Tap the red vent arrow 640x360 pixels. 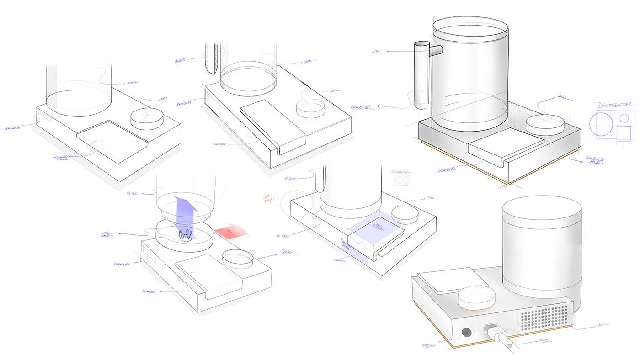click(x=232, y=231)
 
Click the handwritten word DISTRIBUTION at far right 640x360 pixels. click(x=615, y=105)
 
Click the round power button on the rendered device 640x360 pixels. click(x=467, y=332)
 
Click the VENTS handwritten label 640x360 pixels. click(x=602, y=325)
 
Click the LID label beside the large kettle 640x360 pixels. click(x=377, y=52)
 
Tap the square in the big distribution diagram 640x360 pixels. click(x=624, y=133)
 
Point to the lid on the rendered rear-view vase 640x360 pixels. click(x=542, y=212)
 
